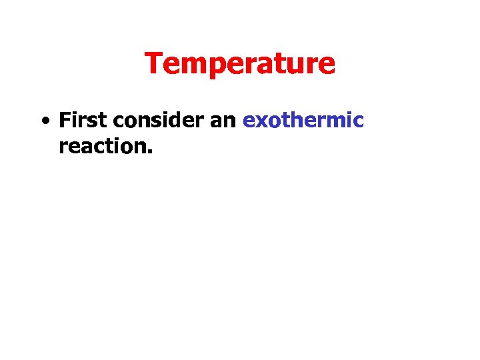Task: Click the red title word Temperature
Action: (x=240, y=64)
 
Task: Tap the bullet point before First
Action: (x=43, y=122)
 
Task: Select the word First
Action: (x=84, y=121)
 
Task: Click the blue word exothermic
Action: (x=303, y=121)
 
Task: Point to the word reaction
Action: (x=105, y=146)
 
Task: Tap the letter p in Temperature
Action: (x=209, y=67)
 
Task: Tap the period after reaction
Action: (x=151, y=151)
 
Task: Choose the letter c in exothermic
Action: (x=359, y=122)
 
